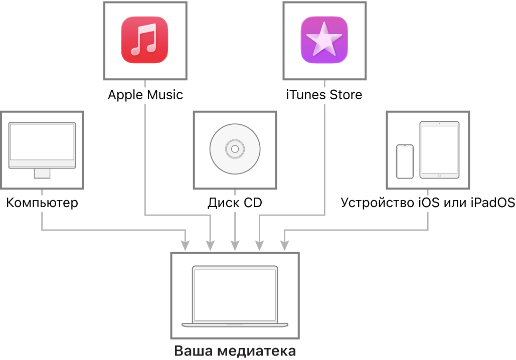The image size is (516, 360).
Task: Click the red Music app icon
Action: coord(144,40)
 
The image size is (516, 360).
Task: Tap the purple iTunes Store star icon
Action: coord(324,40)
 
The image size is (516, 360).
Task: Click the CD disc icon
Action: coord(235,149)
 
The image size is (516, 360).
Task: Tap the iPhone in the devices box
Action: coord(405,161)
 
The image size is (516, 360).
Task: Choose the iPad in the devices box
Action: coord(439,149)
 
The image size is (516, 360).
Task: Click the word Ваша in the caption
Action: coord(190,351)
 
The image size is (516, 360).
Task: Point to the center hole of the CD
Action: coord(235,149)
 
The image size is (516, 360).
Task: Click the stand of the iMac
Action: coord(42,173)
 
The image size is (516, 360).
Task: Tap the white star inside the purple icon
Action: coord(324,39)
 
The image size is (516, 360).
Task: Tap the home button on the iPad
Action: coord(439,175)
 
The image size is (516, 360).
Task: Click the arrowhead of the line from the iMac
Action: coord(186,246)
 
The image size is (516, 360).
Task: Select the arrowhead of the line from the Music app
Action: coord(210,246)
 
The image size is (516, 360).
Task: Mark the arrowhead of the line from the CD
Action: coord(235,246)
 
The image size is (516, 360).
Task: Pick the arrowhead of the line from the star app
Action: coord(259,246)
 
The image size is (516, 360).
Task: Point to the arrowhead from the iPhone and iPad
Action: coord(284,246)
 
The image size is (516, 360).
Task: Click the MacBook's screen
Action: coord(235,294)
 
